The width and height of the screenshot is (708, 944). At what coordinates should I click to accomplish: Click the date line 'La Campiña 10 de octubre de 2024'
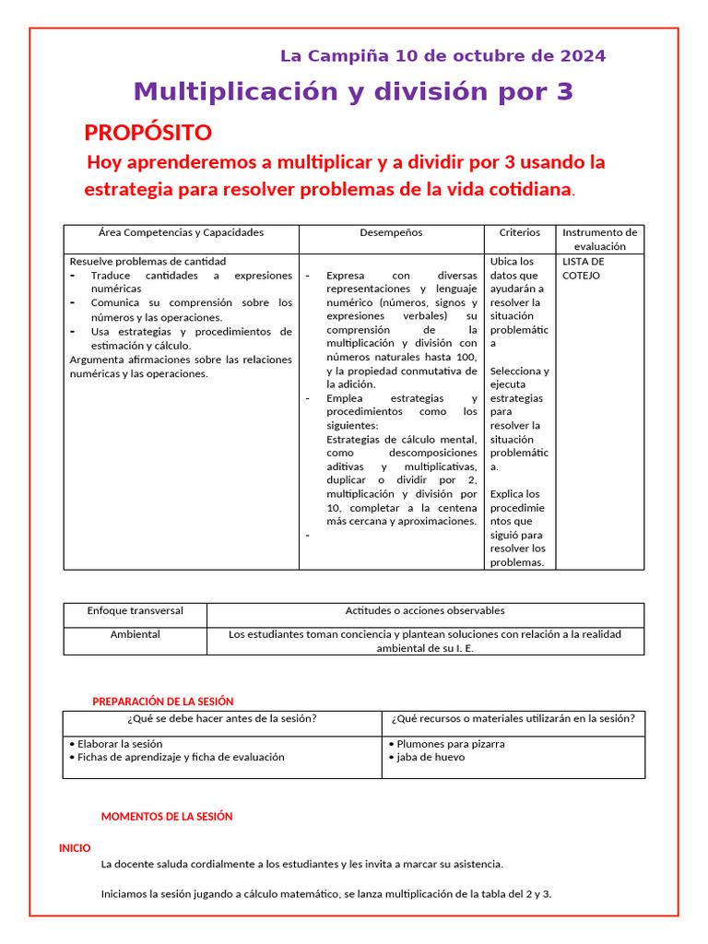click(x=442, y=56)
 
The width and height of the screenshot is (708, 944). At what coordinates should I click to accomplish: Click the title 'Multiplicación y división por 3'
click(x=353, y=91)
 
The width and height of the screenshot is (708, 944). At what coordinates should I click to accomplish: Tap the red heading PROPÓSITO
click(x=147, y=132)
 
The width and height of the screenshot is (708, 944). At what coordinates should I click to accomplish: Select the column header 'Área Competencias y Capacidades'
click(x=181, y=233)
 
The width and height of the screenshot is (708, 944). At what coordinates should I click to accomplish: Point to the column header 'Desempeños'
click(x=391, y=233)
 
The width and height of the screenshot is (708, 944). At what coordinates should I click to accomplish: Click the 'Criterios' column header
click(x=520, y=233)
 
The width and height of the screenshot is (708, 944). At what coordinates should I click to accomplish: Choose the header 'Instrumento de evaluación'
click(x=599, y=240)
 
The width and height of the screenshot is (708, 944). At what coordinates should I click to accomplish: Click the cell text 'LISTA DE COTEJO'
click(x=583, y=268)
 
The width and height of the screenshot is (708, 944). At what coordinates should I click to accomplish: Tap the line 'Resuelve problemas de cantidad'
click(x=147, y=262)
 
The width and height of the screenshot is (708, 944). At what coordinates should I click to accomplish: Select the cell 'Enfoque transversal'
click(x=135, y=611)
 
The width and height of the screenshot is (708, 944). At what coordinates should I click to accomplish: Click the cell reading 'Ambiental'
click(x=135, y=634)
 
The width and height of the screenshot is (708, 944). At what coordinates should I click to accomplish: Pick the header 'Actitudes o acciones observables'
click(x=425, y=611)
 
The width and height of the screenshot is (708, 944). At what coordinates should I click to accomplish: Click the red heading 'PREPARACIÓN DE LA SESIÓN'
click(x=163, y=702)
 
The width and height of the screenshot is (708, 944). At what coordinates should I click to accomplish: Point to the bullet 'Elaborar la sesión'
click(x=120, y=744)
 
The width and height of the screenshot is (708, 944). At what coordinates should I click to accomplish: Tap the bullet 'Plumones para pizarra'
click(x=450, y=744)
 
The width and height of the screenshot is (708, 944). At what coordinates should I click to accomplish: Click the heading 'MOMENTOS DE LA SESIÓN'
click(x=167, y=817)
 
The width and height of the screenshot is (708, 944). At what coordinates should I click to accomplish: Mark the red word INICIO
click(x=75, y=848)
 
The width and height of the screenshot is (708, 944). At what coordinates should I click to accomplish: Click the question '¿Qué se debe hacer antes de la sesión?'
click(x=222, y=719)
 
